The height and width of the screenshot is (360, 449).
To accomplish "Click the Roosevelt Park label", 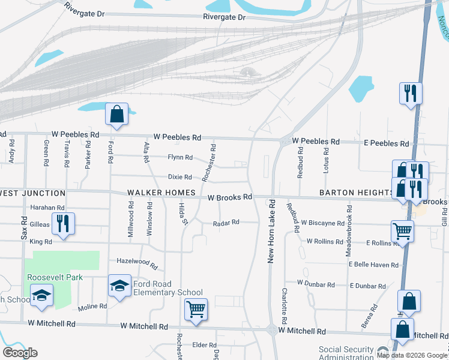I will point(54,277).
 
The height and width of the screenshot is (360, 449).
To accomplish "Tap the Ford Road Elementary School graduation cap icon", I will point(119,286).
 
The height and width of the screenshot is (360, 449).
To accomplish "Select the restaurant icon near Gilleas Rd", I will point(63,223).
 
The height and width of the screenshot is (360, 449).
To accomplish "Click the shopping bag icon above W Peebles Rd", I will point(116,114).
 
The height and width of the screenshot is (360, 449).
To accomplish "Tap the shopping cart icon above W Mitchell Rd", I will point(196,310).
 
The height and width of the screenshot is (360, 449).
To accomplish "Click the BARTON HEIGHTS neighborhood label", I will point(357,193).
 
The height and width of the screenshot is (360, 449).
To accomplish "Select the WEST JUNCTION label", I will point(32,193).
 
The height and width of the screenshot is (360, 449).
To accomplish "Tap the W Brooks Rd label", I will point(230,197).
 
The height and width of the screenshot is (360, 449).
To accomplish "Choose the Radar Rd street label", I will point(226,223).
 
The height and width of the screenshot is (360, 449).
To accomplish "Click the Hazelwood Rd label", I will point(136,263).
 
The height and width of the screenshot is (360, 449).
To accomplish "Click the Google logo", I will point(20,353).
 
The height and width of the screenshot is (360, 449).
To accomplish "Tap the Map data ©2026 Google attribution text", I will point(411,355).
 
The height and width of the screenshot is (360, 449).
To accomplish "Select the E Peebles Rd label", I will point(387,144).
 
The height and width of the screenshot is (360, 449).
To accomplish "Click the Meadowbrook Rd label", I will point(349,230).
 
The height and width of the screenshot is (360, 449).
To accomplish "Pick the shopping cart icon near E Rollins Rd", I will point(402,230).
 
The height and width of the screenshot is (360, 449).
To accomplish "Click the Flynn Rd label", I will point(180,158).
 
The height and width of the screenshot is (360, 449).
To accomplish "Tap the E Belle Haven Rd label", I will point(374,265).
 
